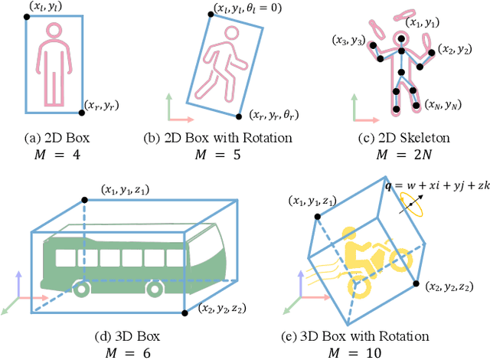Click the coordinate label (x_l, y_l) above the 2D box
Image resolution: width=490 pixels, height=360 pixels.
45,7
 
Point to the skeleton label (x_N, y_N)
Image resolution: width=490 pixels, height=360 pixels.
443,103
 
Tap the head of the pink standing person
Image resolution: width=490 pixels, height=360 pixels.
54,31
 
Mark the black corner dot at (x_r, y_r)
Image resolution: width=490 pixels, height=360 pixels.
83,113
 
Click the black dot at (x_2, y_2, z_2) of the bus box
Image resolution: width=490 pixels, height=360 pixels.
185,313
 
